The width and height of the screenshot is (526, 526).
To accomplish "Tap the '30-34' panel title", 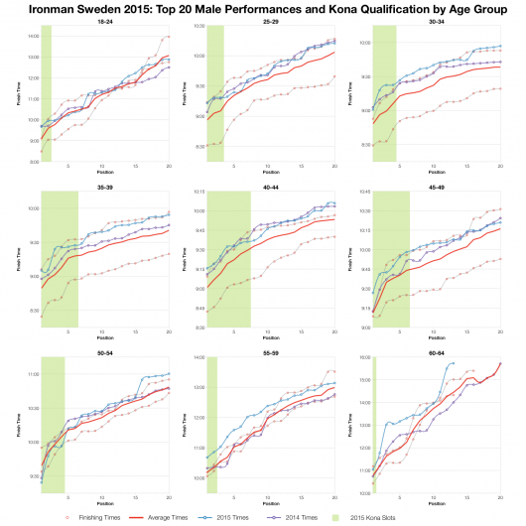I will [437, 20].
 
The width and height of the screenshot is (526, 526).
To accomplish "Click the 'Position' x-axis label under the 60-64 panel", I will [437, 505].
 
